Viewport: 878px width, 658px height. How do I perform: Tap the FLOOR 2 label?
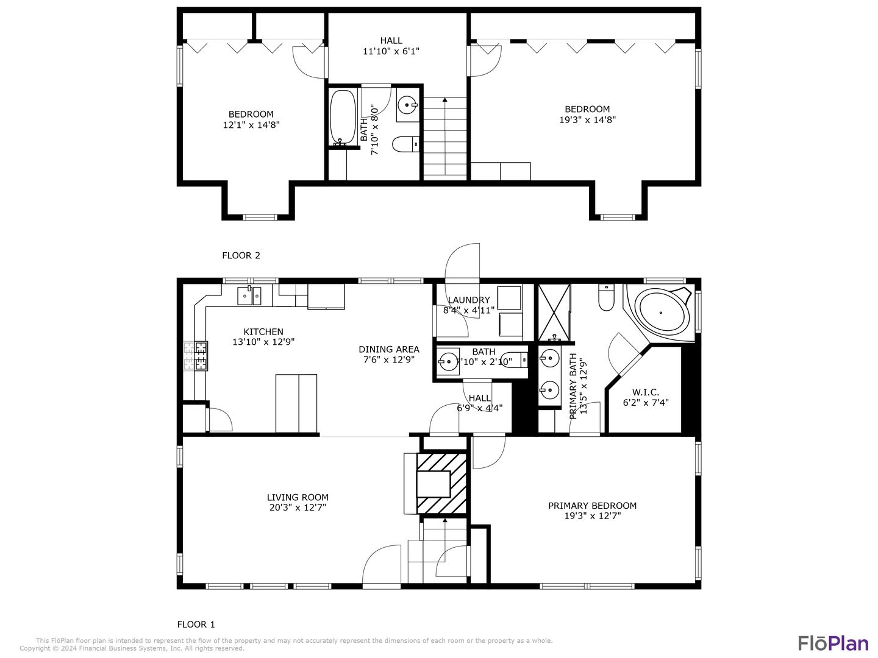point(241,256)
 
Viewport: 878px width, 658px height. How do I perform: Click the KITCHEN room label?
point(263,331)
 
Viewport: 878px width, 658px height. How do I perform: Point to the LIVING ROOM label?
point(298,497)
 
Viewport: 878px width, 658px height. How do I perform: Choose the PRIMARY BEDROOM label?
point(592,506)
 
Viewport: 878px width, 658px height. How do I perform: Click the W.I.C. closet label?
point(646,392)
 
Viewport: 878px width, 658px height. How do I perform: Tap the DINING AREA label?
point(389,350)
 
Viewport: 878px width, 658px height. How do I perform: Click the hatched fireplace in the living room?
point(441,483)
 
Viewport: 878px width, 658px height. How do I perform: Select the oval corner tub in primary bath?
point(660,313)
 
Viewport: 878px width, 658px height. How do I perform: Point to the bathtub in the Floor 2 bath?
point(343,118)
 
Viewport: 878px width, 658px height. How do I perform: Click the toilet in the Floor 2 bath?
point(405,144)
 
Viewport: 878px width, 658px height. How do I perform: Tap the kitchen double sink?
point(249,295)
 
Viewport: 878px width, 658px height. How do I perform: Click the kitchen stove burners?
point(196,356)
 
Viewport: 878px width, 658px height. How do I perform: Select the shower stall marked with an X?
point(554,313)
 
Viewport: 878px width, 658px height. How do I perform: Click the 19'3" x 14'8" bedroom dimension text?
point(587,120)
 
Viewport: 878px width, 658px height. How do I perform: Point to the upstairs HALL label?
point(391,41)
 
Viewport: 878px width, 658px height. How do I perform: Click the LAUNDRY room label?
point(469,300)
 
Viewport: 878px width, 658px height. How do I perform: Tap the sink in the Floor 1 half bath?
point(448,361)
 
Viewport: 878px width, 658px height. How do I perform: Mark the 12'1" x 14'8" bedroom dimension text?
point(251,125)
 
